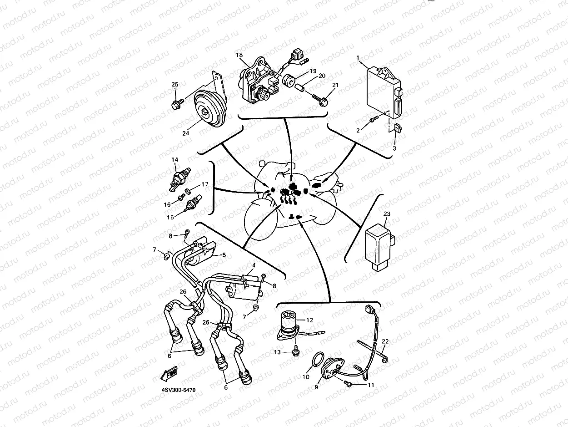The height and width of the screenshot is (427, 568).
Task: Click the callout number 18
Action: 239,55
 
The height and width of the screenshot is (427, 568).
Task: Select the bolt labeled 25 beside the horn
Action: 178,105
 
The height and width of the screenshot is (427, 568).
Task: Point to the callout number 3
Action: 394,148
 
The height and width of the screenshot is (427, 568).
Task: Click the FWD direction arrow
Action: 169,374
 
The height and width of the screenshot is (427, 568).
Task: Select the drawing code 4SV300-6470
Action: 179,390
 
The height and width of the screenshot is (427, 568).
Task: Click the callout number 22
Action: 385,341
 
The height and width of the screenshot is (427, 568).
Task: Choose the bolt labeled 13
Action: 296,351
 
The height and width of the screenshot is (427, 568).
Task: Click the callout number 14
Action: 174,159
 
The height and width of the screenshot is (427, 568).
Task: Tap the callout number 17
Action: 205,184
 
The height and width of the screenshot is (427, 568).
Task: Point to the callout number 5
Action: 224,255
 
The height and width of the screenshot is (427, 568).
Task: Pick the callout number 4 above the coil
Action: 254,265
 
